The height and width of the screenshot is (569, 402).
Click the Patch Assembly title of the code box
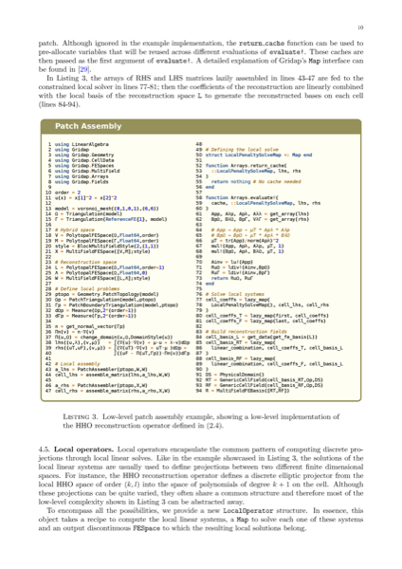tap(82, 125)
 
